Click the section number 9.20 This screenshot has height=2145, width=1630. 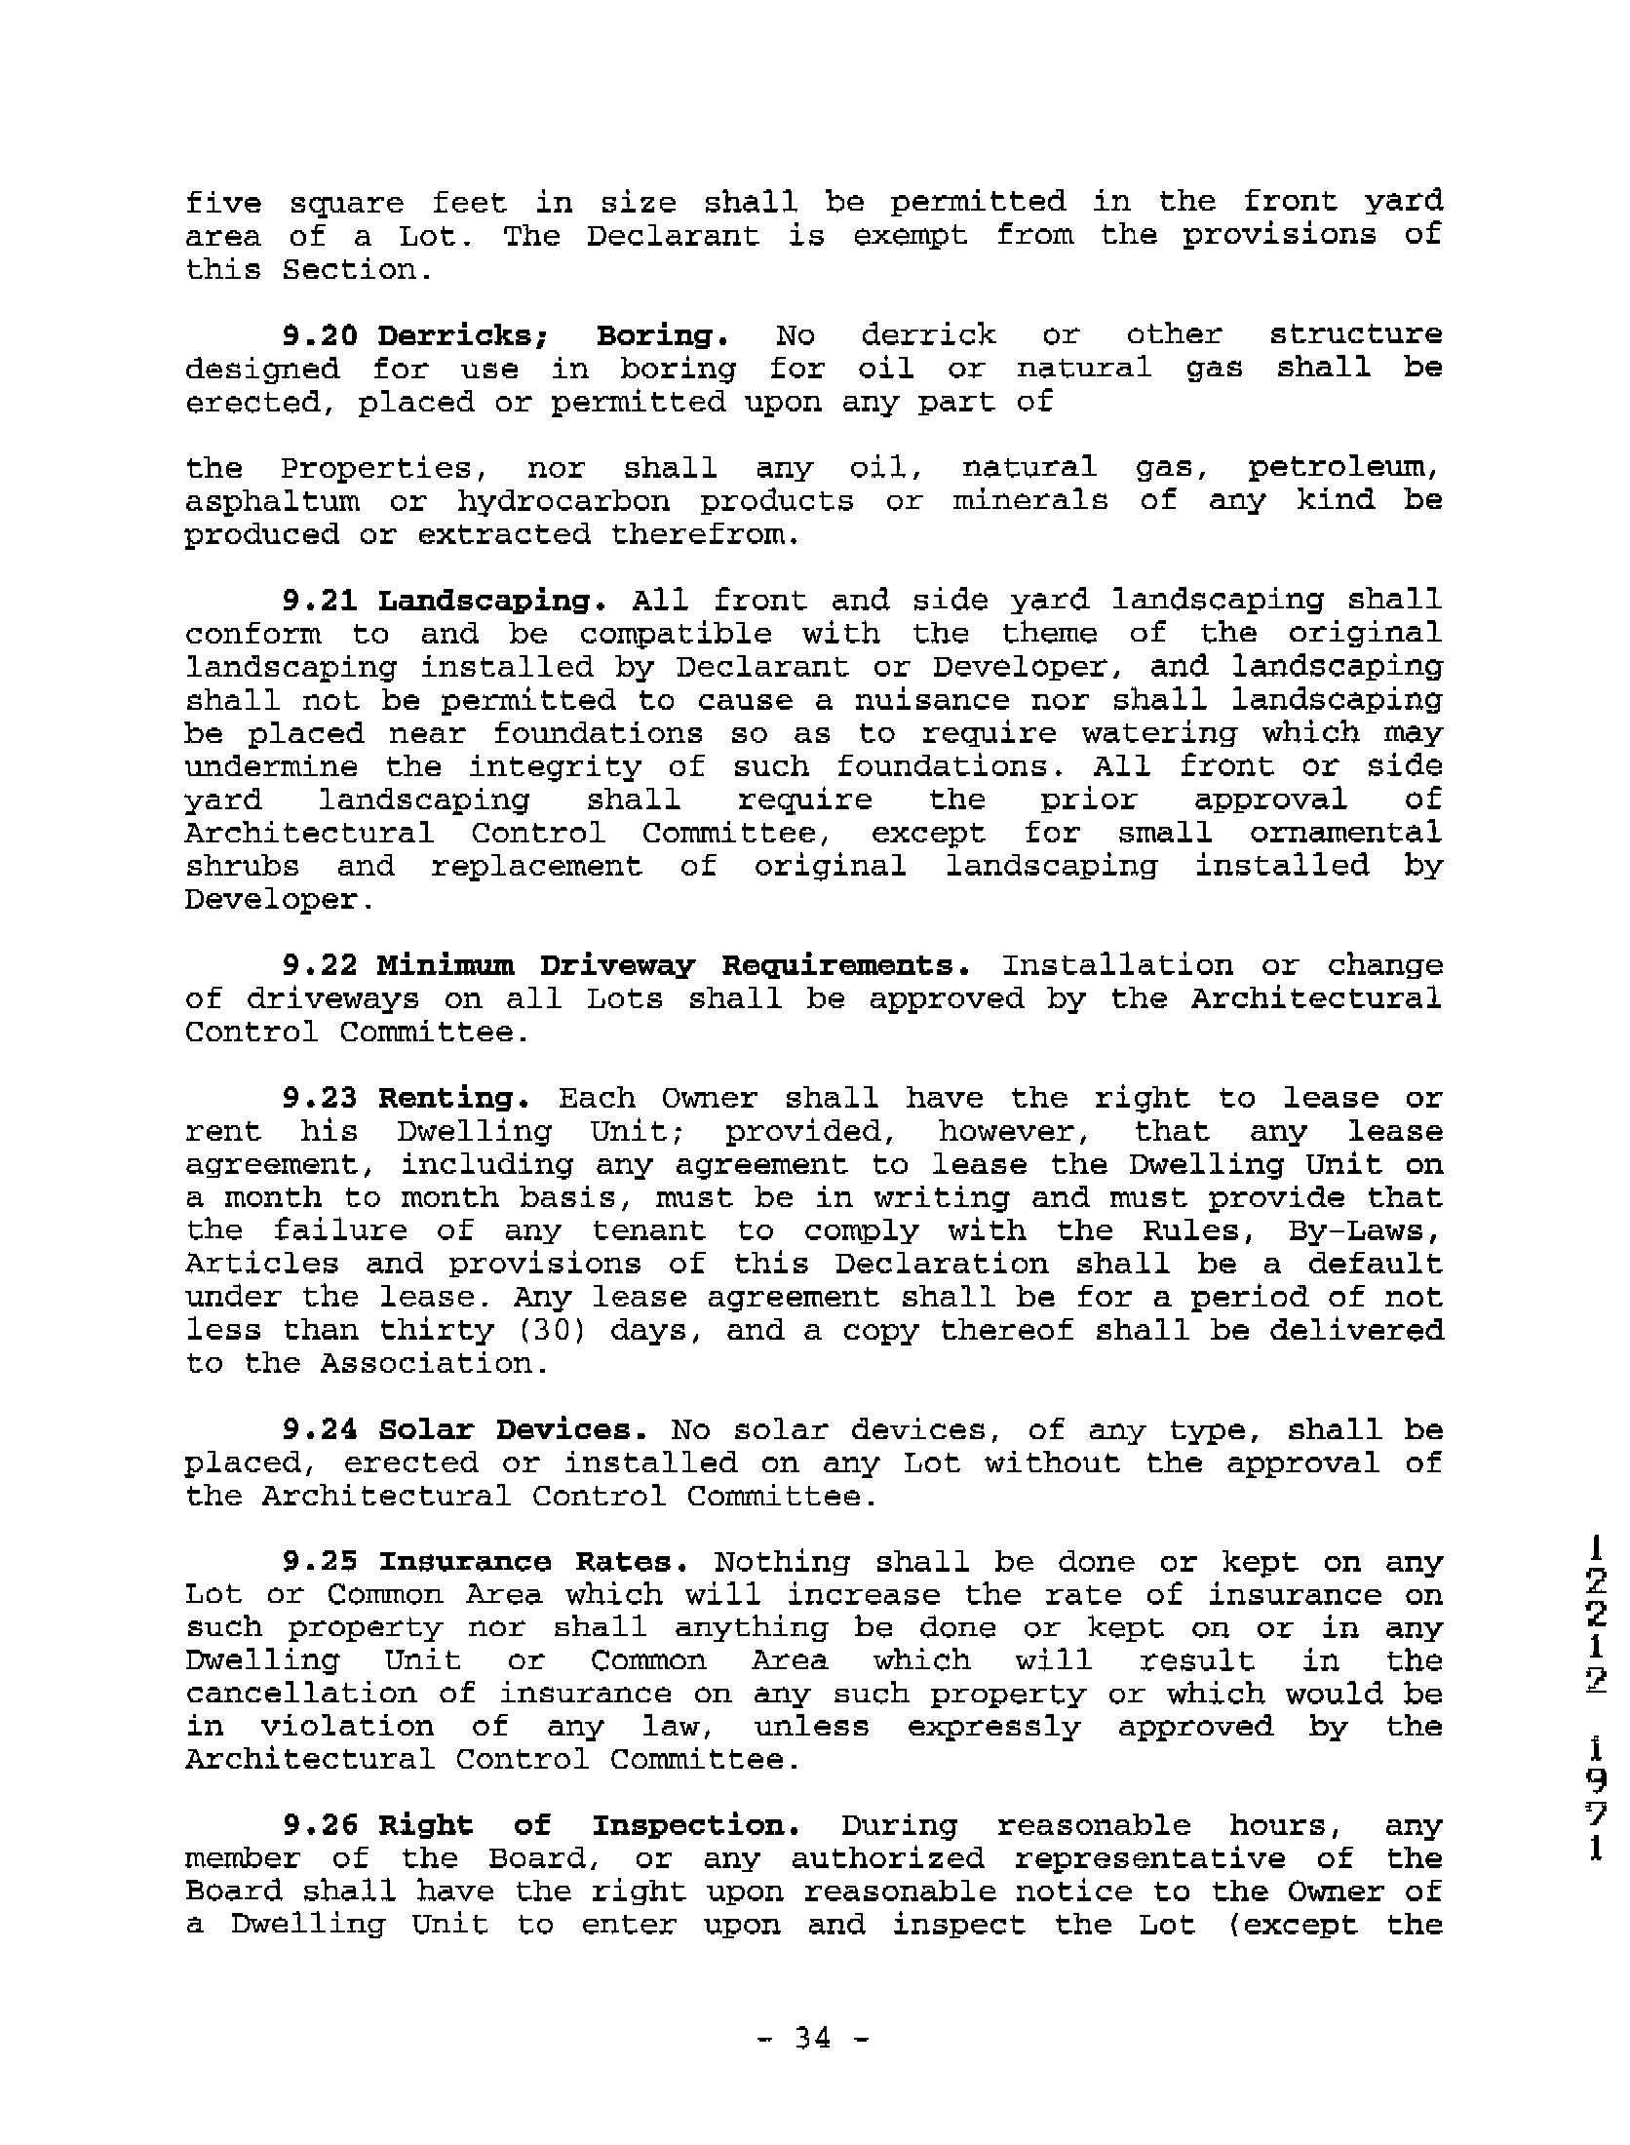pos(320,335)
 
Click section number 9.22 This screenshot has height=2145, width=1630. pos(320,965)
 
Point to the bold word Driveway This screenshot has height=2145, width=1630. pos(616,966)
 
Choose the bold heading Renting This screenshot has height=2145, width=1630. pos(453,1099)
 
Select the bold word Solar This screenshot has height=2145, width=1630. pos(425,1430)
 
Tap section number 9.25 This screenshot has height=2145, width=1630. pos(320,1562)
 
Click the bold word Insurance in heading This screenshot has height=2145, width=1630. pos(465,1562)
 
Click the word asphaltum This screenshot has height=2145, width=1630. pos(272,502)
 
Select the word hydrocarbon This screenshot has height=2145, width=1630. pos(563,502)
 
